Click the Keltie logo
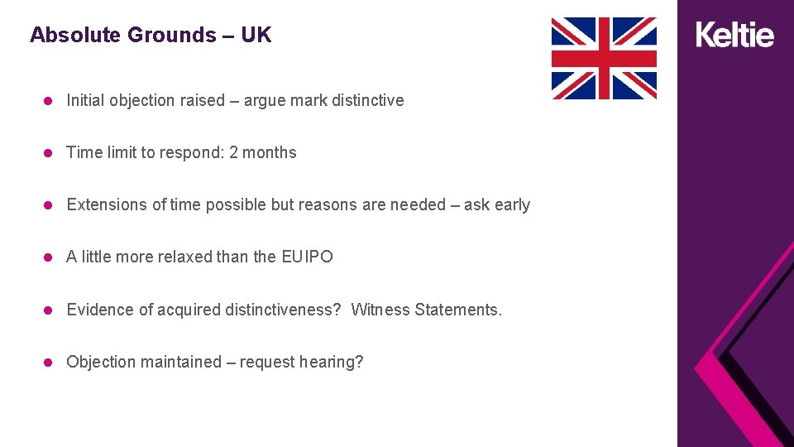coord(735,35)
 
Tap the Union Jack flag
coord(604,58)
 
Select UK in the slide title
coord(256,35)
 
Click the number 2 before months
coord(234,152)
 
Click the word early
coord(512,204)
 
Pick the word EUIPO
coord(308,257)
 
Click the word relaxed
coord(178,257)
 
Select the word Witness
coord(380,310)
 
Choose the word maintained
coord(181,362)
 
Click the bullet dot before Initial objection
coord(49,101)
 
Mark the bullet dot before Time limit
coord(49,153)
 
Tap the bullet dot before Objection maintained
coord(49,363)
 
